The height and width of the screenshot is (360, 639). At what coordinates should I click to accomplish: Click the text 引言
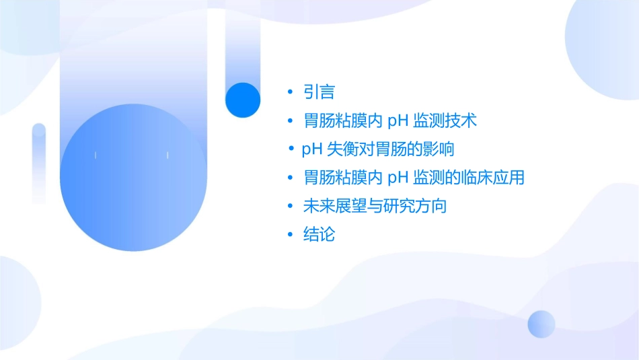tap(319, 92)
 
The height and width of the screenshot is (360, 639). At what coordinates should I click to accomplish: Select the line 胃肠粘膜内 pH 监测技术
tap(390, 121)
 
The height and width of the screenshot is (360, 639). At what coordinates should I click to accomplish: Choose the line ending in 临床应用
tap(414, 178)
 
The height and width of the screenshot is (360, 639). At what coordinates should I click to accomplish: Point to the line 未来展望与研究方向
tap(375, 206)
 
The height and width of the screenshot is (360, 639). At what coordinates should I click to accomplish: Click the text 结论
tap(319, 235)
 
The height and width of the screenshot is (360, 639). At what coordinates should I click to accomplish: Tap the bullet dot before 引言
tap(290, 92)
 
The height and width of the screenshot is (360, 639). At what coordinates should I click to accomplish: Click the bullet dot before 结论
tap(290, 235)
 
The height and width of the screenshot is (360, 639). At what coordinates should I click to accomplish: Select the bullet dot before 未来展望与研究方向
tap(290, 206)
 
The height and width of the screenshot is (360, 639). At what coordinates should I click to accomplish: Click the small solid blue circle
tap(243, 100)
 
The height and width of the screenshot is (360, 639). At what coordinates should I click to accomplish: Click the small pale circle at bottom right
tap(541, 324)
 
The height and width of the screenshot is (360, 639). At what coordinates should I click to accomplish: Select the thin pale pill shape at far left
tap(39, 161)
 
